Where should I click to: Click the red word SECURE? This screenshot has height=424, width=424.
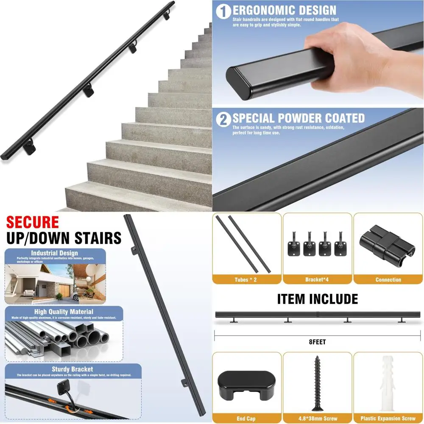tap(32, 222)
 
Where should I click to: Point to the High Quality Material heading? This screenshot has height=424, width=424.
tap(64, 312)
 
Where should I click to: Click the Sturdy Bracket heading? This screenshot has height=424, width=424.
tap(72, 369)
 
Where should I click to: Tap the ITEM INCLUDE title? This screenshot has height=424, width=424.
tap(318, 299)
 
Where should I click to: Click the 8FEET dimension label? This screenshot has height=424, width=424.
tap(318, 342)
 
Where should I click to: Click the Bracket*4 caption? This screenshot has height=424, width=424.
tap(317, 279)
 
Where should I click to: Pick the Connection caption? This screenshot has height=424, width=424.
tap(388, 279)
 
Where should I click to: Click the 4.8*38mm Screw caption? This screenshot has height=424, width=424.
tap(317, 418)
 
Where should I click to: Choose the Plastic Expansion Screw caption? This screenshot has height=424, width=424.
tap(388, 418)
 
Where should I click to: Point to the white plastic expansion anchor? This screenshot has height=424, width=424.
tap(388, 384)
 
